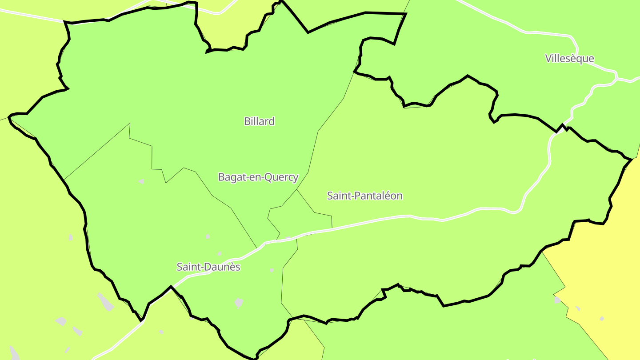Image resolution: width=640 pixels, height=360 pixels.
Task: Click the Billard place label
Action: pyautogui.click(x=259, y=121)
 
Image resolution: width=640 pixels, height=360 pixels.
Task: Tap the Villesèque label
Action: pyautogui.click(x=569, y=58)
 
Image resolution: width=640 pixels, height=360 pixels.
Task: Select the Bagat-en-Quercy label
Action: pyautogui.click(x=258, y=177)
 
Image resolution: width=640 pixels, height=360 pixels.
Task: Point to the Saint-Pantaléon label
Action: pyautogui.click(x=364, y=196)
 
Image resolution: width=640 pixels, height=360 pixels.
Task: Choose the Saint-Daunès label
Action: pyautogui.click(x=208, y=267)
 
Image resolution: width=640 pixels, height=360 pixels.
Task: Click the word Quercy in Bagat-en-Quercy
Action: pyautogui.click(x=282, y=177)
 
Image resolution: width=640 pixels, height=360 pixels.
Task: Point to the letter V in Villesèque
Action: pyautogui.click(x=548, y=58)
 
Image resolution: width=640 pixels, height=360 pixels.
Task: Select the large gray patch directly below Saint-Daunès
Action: pyautogui.click(x=239, y=303)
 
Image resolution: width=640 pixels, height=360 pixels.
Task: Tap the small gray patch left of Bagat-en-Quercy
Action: pyautogui.click(x=141, y=181)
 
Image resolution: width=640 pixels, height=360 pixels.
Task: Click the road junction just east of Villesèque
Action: pyautogui.click(x=616, y=79)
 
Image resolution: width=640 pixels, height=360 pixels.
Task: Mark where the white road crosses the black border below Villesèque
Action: pyautogui.click(x=562, y=126)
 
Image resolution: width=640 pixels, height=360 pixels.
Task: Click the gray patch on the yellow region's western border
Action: pyautogui.click(x=557, y=300)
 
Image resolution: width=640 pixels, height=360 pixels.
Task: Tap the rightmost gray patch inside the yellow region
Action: pyautogui.click(x=602, y=319)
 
